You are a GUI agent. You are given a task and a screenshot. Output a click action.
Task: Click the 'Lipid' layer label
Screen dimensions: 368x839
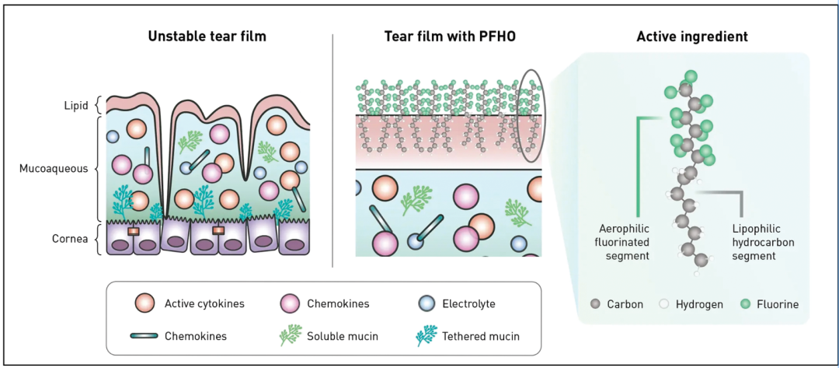pos(76,104)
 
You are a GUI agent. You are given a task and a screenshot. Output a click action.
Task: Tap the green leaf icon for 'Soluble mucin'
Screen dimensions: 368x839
pos(289,336)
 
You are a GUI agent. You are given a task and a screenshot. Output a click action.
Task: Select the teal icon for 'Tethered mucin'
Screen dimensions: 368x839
pos(424,335)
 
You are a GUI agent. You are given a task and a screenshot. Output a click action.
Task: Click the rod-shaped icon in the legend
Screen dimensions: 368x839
pos(144,336)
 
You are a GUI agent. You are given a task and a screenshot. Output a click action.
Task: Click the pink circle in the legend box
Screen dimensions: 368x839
pos(289,303)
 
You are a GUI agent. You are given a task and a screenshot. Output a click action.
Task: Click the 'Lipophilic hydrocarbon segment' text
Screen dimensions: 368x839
pos(765,241)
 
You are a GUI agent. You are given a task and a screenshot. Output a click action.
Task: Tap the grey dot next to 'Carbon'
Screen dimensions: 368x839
pos(596,304)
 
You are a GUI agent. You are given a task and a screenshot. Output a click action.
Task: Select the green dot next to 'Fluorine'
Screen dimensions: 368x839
pos(746,304)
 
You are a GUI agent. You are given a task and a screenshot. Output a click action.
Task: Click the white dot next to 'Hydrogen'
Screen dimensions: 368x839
pos(663,304)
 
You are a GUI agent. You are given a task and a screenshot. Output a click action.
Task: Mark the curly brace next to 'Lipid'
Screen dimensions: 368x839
pos(97,104)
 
